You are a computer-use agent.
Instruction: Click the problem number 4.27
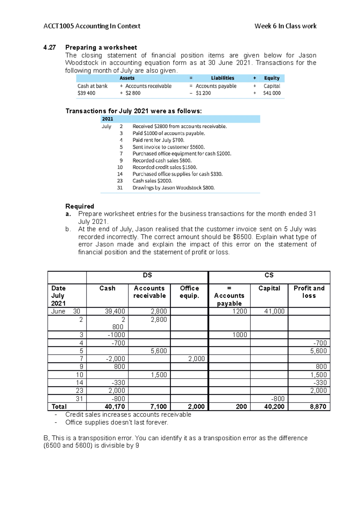click(49, 47)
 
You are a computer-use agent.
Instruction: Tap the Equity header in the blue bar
click(271, 78)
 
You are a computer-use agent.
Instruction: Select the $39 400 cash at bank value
click(86, 93)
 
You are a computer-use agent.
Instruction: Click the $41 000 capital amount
click(272, 93)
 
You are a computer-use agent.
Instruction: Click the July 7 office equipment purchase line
click(182, 153)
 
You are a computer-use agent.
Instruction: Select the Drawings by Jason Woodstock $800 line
click(173, 188)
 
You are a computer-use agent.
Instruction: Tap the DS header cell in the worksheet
click(147, 275)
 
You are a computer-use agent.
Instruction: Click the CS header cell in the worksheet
click(269, 275)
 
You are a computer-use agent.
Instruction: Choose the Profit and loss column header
click(309, 292)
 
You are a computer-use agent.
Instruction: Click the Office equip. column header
click(189, 292)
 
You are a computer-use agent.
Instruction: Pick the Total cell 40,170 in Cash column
click(115, 406)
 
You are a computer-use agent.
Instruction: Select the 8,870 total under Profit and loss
click(318, 406)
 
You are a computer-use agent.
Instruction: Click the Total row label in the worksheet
click(59, 406)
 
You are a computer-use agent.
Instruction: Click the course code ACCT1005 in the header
click(58, 26)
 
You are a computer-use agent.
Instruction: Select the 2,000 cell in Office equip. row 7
click(196, 359)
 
